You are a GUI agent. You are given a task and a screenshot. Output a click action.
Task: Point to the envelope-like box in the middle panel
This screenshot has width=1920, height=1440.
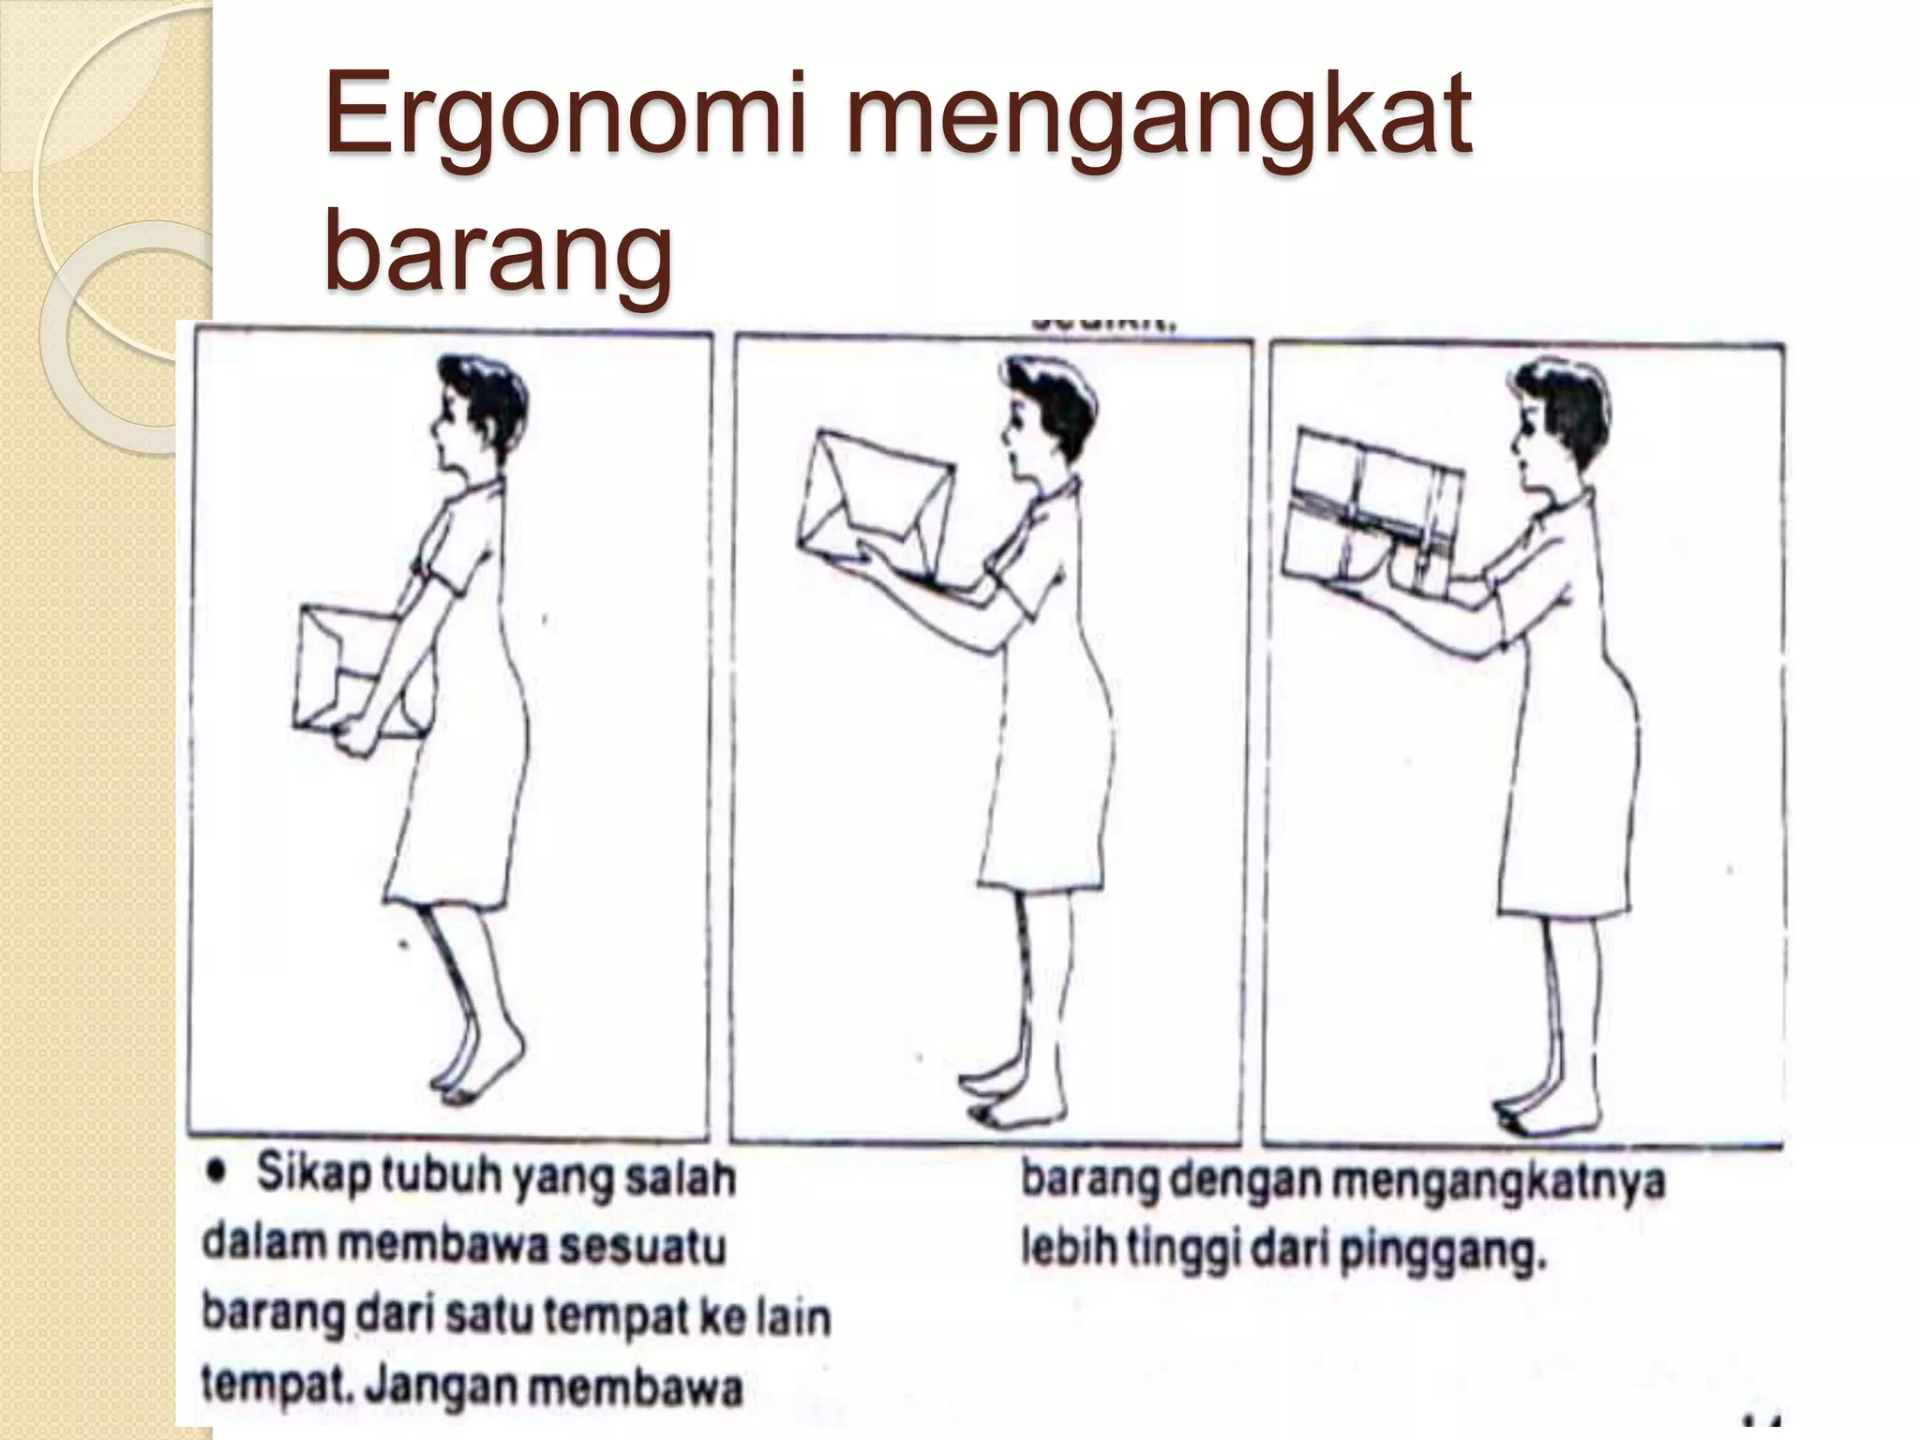(874, 506)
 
